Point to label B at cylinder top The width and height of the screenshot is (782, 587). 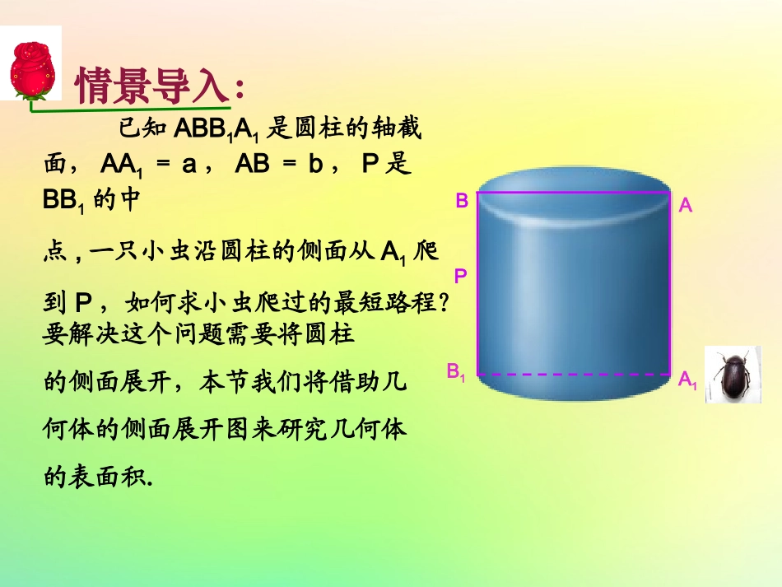(462, 200)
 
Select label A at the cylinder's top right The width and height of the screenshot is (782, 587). (686, 207)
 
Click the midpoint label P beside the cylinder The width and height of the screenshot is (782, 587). (461, 277)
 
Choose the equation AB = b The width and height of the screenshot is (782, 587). (279, 165)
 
